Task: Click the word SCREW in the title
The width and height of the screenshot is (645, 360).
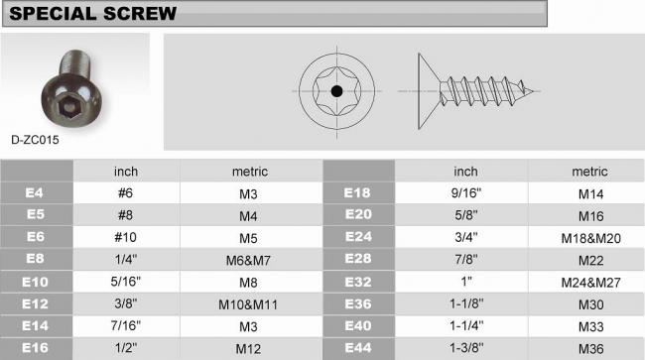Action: point(140,13)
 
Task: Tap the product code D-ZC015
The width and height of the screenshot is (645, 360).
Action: point(35,140)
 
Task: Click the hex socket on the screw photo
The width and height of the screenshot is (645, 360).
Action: point(67,108)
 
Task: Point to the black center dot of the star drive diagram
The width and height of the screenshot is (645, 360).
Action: point(336,91)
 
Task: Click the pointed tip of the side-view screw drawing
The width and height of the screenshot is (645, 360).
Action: point(534,91)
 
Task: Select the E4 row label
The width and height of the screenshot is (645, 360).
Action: point(34,192)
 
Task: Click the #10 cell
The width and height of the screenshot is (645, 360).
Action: point(125,237)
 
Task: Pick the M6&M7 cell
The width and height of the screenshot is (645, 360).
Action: point(248,260)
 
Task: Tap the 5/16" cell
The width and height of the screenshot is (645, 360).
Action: point(125,282)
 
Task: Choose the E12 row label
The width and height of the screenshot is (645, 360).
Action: point(35,304)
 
